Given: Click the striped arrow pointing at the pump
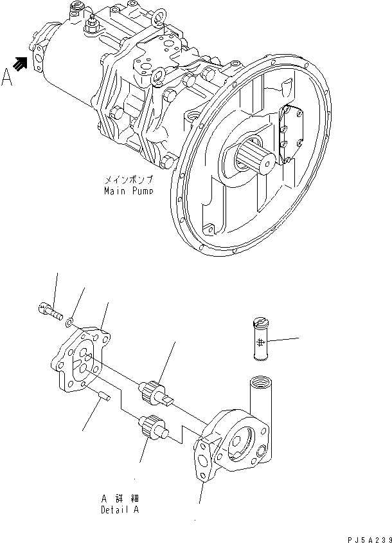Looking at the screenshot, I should (x=22, y=62).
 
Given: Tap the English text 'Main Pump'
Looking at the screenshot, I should (x=127, y=191).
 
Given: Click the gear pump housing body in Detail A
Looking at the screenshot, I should (x=231, y=447).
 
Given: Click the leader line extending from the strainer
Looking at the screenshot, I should (x=287, y=339).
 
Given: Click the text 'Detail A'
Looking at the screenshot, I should (x=120, y=510).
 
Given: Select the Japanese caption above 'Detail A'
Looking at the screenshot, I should (x=120, y=499).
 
